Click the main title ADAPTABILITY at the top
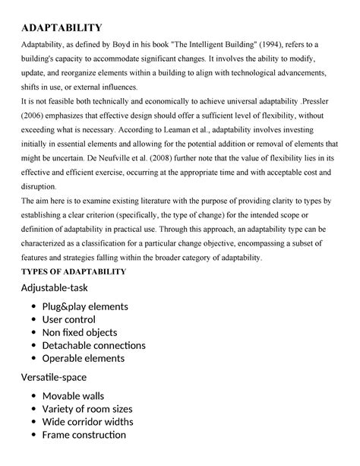(62, 28)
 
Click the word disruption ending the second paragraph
(41, 186)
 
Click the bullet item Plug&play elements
(85, 306)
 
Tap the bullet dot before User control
(34, 320)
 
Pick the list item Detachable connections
(93, 345)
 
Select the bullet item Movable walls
(73, 395)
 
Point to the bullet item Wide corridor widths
(87, 421)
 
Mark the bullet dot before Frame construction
(34, 435)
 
